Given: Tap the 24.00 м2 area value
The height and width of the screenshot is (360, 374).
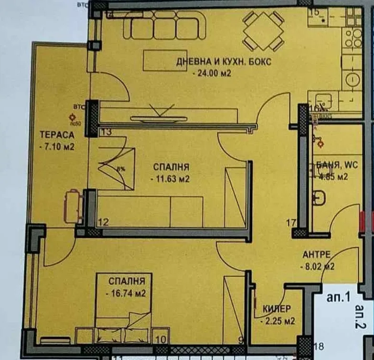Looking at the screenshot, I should [x=212, y=74].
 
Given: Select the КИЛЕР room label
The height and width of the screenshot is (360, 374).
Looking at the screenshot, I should [x=276, y=309].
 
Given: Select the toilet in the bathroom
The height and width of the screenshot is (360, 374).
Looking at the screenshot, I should [x=319, y=197].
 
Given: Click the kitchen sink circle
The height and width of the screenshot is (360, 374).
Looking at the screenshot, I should [x=353, y=79].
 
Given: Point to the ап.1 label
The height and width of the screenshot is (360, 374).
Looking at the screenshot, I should [x=339, y=297].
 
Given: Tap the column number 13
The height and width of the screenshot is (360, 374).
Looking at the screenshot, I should [x=107, y=132].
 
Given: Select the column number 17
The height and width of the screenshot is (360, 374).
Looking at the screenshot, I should [x=291, y=222].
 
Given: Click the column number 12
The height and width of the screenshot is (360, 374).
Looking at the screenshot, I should [x=103, y=222].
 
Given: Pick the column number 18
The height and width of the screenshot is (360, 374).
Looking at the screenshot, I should [x=320, y=347].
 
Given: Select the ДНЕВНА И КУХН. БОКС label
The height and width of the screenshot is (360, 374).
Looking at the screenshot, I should [x=224, y=62].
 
